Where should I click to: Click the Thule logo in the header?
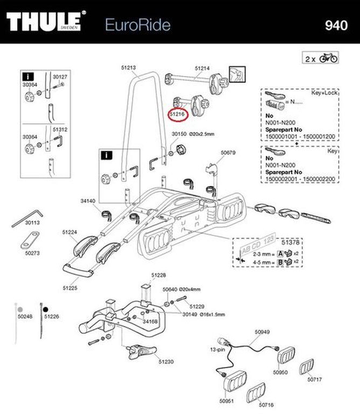(46, 23)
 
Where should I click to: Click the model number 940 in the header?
(337, 25)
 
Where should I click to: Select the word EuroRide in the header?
(130, 24)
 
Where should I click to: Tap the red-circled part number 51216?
(177, 114)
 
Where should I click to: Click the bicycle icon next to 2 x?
(329, 58)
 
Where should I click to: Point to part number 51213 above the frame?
(128, 68)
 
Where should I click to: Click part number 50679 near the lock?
(228, 153)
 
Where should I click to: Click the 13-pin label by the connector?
(217, 349)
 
